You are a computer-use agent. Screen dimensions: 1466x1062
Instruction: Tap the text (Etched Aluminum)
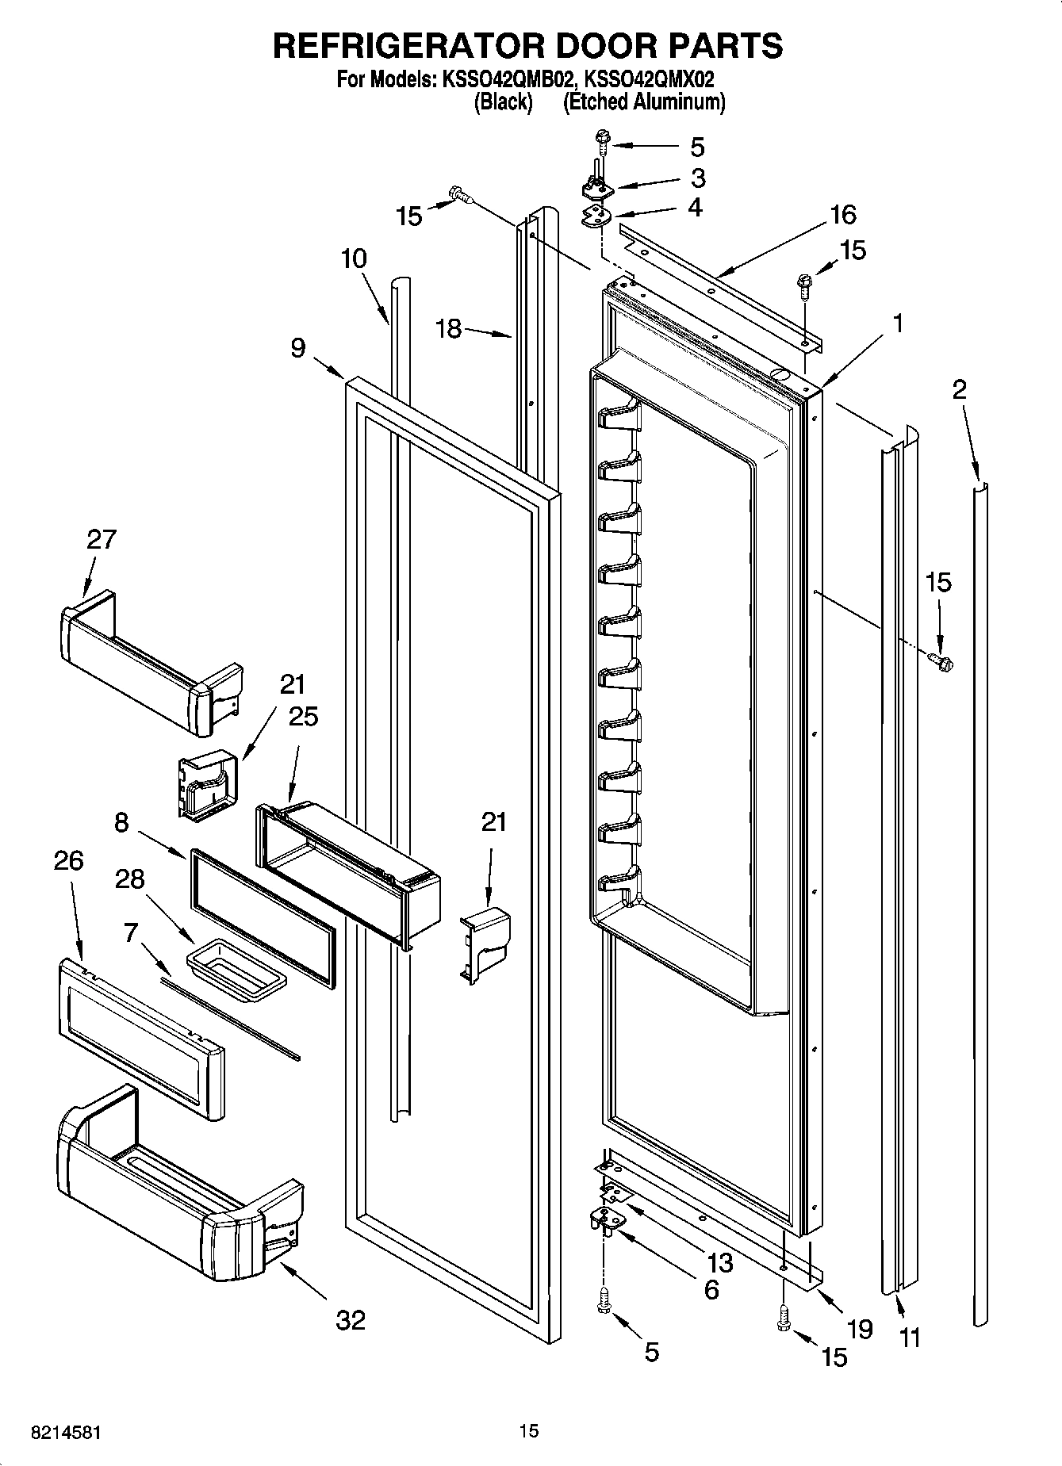643,101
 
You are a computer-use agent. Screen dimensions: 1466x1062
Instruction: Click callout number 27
101,539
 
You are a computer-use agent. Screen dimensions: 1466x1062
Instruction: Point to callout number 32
351,1320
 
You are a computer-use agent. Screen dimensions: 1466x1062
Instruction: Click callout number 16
842,214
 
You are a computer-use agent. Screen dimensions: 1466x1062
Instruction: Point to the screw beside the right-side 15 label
943,660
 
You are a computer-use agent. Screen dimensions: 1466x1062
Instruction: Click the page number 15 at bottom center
528,1431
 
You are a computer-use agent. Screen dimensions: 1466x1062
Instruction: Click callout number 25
302,717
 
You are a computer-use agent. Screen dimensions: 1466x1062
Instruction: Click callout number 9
297,347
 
